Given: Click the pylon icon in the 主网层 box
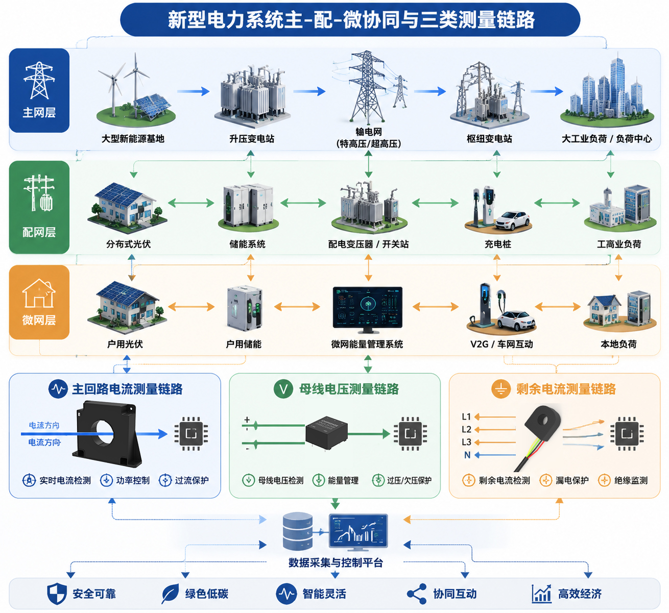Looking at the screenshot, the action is [39, 80].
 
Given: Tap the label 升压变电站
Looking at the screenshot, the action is [252, 139].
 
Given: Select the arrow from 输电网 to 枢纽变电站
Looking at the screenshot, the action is [430, 91].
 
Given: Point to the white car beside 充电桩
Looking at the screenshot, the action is [513, 220].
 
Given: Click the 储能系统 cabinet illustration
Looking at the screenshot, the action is [249, 206].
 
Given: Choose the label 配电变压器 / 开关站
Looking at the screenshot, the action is [368, 244].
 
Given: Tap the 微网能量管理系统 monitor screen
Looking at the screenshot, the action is [368, 307].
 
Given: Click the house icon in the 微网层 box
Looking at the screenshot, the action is [39, 293].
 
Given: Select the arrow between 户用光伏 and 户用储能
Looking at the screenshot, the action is [191, 307].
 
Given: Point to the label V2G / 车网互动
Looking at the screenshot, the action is [501, 344].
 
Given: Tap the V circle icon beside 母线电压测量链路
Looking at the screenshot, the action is [283, 389].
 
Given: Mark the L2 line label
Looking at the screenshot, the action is [466, 429].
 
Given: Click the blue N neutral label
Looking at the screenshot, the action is [467, 455].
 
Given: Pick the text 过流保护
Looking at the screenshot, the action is [192, 480].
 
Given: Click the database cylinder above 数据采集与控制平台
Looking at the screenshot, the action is [298, 531].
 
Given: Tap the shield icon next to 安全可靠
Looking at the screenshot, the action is [57, 594].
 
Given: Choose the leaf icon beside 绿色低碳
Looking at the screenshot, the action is [170, 594].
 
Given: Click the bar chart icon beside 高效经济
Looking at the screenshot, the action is [541, 594].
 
